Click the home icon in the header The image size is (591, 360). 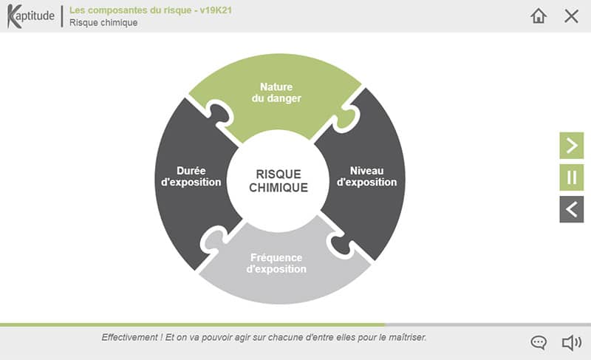click(539, 16)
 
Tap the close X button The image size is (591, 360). click(571, 16)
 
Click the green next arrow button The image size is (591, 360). click(571, 146)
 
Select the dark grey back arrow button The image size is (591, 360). click(571, 209)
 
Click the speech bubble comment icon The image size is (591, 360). click(539, 342)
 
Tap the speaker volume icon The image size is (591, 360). click(571, 342)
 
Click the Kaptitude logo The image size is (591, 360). click(31, 16)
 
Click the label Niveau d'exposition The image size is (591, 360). click(366, 176)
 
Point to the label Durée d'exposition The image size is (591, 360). click(191, 176)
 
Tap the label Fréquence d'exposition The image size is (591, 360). click(276, 263)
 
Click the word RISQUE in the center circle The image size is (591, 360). click(279, 174)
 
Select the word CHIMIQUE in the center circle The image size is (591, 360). click(279, 189)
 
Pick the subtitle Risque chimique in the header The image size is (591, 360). click(103, 22)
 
